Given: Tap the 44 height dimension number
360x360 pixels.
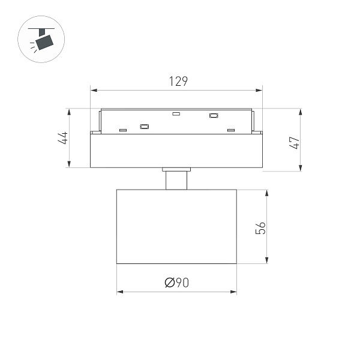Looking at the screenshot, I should pos(62,138).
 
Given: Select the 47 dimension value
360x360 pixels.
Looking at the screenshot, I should pos(293,143).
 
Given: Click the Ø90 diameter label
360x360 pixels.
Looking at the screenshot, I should pos(176,283).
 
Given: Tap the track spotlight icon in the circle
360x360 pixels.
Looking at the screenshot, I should pos(41,40).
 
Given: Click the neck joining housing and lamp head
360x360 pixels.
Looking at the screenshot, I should pos(176,179).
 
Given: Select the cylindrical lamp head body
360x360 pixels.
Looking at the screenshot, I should pos(176,226).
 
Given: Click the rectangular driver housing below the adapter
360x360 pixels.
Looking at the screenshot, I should pos(176,150).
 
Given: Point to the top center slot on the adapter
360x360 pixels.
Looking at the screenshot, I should pos(176,113).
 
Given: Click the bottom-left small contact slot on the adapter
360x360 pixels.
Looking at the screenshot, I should pos(123,130).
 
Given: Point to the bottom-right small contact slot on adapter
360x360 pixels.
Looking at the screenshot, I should pos(230,130).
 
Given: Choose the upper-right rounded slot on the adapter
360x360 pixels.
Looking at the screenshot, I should pos(212,115).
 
